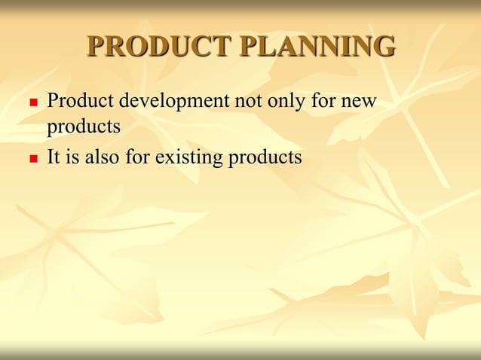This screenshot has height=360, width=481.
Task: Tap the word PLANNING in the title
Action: tap(317, 47)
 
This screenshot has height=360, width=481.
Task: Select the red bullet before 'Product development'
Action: tap(32, 101)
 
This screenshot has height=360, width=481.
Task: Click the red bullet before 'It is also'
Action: tap(32, 160)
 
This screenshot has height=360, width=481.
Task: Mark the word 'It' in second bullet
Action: tap(54, 158)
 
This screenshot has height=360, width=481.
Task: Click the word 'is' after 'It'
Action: tap(72, 158)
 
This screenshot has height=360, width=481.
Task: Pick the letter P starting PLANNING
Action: tap(250, 47)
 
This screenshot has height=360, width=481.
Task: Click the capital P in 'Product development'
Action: tap(53, 100)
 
